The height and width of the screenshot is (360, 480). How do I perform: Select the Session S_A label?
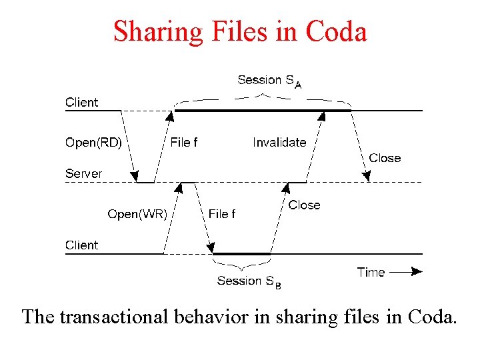[269, 81]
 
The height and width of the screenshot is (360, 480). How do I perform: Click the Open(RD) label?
[93, 142]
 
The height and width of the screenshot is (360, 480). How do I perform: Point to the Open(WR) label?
[137, 214]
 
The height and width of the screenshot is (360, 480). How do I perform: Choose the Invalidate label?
[279, 142]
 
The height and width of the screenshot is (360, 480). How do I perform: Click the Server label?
[84, 173]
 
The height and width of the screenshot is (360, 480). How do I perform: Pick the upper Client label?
[81, 102]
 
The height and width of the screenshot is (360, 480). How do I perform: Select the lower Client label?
[81, 245]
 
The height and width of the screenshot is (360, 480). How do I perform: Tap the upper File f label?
[184, 142]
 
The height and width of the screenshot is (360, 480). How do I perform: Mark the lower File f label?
[222, 214]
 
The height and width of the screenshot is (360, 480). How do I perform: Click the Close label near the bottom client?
[304, 205]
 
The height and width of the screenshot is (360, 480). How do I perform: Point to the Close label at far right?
[385, 158]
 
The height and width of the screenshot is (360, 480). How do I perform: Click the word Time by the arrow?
[371, 272]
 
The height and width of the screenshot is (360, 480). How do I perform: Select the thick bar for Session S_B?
[241, 253]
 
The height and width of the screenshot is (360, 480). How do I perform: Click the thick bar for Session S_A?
[261, 111]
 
